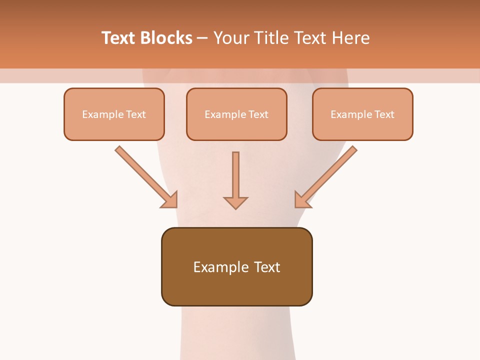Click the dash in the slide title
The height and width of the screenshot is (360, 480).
202,38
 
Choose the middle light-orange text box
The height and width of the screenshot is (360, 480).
236,128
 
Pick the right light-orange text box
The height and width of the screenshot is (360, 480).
362,128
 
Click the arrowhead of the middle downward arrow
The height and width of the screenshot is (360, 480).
235,202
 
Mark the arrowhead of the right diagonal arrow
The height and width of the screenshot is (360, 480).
302,200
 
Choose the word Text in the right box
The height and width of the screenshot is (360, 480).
384,114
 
